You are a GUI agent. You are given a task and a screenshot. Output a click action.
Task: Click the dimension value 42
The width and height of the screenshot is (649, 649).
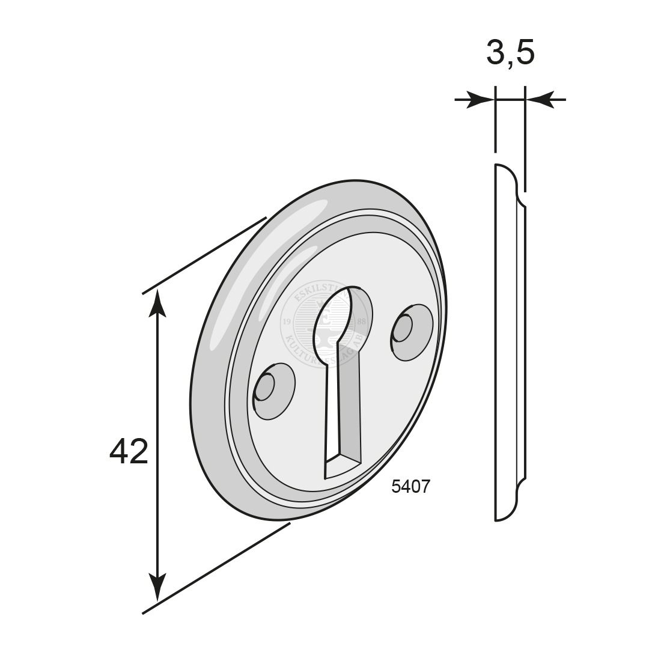(x=129, y=451)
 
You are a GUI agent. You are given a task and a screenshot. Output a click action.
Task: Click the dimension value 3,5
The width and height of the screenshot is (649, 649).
(x=510, y=53)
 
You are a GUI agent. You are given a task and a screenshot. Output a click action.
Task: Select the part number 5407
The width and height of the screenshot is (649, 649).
(x=410, y=486)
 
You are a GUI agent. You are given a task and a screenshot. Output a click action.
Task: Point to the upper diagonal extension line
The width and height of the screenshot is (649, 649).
(x=204, y=255)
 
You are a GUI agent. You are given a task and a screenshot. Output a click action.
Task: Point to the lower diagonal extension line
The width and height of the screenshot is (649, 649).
(x=216, y=568)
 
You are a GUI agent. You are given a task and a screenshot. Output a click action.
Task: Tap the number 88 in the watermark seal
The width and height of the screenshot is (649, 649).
(x=361, y=322)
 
